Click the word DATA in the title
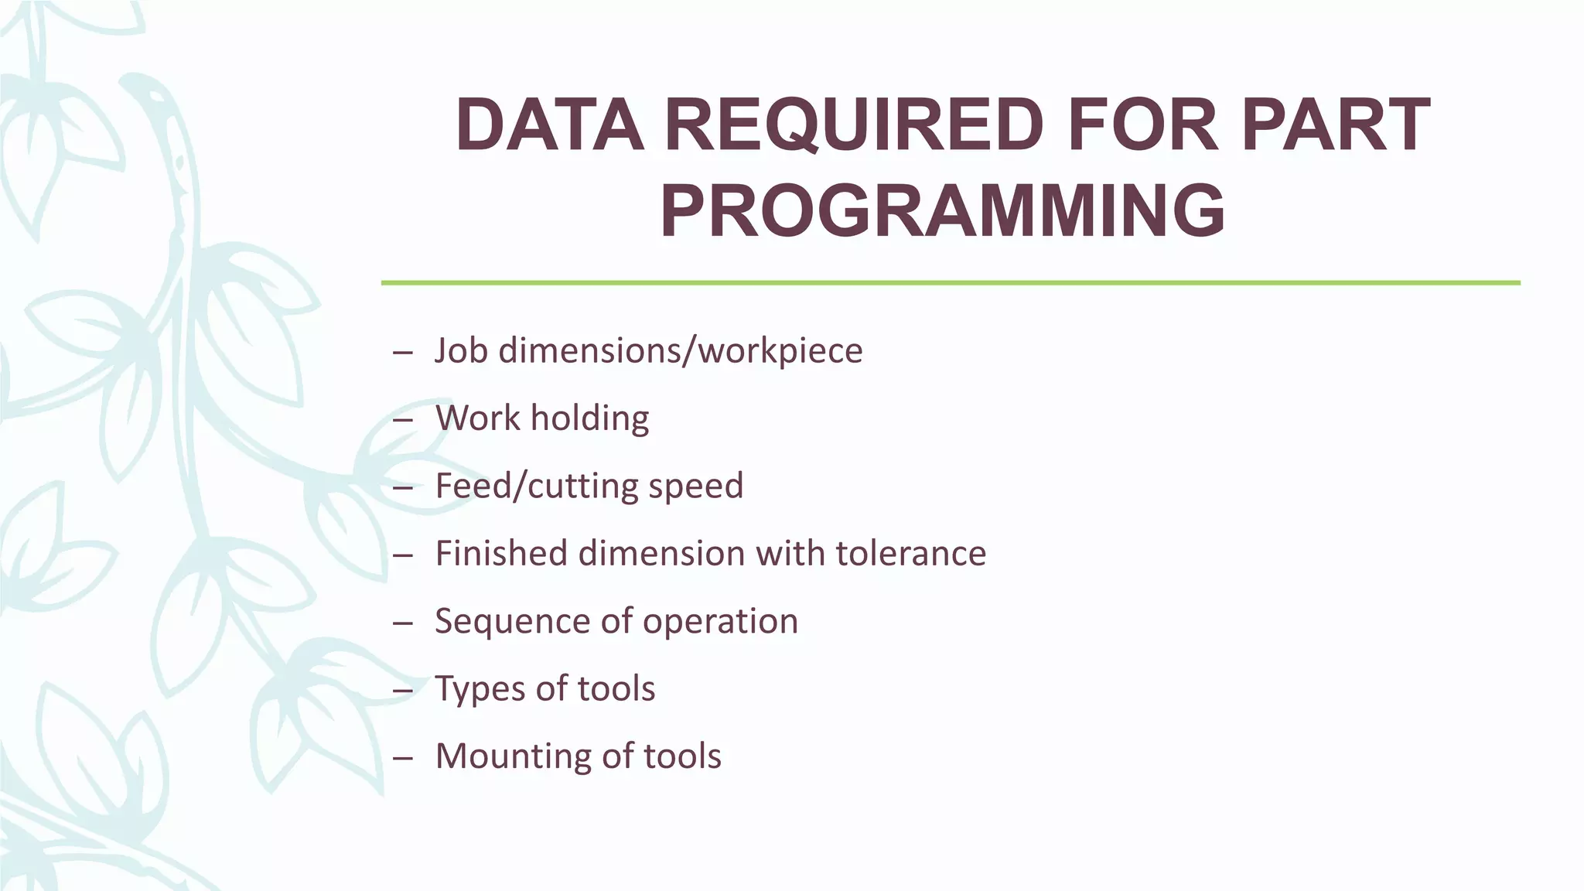coord(550,125)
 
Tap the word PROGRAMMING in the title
coord(942,211)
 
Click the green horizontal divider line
coord(950,283)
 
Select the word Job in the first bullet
coord(461,350)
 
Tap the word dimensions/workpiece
coord(681,350)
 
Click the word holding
coord(589,418)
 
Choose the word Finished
coord(501,554)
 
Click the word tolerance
coord(910,554)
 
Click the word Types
coord(480,688)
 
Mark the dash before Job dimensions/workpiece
coord(402,352)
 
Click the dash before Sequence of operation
coord(402,623)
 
